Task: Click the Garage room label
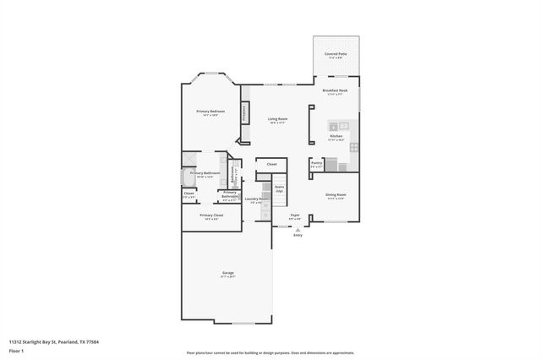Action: pyautogui.click(x=228, y=273)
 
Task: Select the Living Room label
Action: pyautogui.click(x=277, y=119)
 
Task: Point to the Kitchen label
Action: pyautogui.click(x=336, y=136)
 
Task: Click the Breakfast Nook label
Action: pyautogui.click(x=335, y=90)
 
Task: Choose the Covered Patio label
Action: pyautogui.click(x=335, y=54)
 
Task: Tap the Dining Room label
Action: pyautogui.click(x=336, y=195)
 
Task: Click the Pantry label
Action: pyautogui.click(x=316, y=165)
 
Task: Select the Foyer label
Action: pyautogui.click(x=295, y=215)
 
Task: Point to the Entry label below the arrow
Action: pyautogui.click(x=298, y=235)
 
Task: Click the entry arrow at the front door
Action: pyautogui.click(x=298, y=228)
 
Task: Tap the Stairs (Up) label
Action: pyautogui.click(x=279, y=188)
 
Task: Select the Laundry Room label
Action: pyautogui.click(x=258, y=199)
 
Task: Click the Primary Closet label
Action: pyautogui.click(x=211, y=215)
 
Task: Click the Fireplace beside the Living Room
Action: pyautogui.click(x=245, y=113)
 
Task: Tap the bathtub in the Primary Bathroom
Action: pyautogui.click(x=187, y=177)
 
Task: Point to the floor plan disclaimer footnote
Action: pyautogui.click(x=270, y=352)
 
